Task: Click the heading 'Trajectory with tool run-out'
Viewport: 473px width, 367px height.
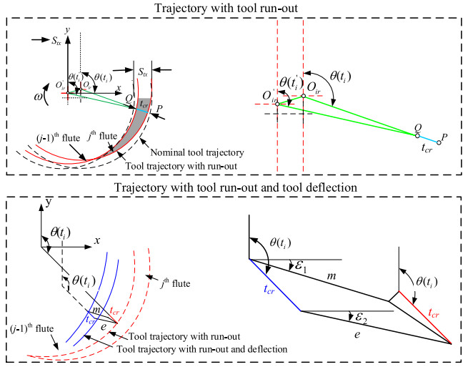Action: (x=236, y=7)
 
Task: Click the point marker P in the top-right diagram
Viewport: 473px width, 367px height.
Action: (x=439, y=142)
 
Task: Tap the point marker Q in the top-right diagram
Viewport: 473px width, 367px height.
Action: (x=418, y=134)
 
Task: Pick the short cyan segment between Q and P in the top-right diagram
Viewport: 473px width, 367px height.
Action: (x=428, y=138)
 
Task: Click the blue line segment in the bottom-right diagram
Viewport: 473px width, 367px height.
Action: (x=274, y=285)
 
